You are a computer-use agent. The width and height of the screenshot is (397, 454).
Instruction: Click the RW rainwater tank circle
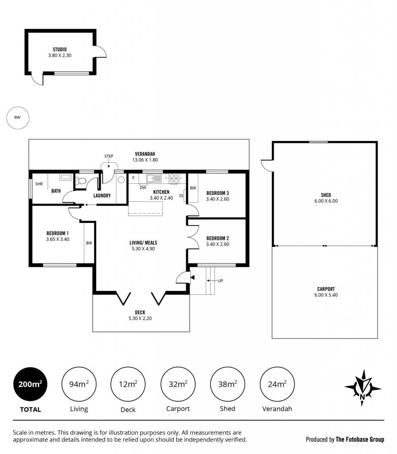pos(18,117)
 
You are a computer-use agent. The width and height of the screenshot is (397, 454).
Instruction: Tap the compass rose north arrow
pos(363,388)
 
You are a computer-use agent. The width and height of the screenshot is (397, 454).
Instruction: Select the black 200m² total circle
pos(30,384)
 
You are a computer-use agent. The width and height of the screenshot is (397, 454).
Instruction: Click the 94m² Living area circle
pos(79,384)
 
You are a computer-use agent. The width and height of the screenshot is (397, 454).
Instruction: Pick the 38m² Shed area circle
pos(228,384)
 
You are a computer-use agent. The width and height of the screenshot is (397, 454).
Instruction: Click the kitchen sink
pos(154,178)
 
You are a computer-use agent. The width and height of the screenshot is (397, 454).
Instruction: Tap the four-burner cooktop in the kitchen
pos(173,178)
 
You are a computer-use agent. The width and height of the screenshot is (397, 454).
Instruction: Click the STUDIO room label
pos(60,50)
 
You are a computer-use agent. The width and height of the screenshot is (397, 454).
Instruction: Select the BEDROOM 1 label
pos(58,233)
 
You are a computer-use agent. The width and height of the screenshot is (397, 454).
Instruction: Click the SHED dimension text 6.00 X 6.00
pos(326,201)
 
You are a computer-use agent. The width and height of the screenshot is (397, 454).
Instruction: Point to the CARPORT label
pos(326,289)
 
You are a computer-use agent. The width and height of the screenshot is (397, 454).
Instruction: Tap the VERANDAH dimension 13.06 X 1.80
pos(145,160)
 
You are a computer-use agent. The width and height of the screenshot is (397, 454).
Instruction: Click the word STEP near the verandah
pos(109,156)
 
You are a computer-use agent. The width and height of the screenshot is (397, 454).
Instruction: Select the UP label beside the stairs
pos(220,281)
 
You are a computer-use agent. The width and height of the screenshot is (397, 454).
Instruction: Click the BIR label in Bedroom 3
pos(193,188)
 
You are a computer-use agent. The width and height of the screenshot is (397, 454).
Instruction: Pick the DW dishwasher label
pos(143,188)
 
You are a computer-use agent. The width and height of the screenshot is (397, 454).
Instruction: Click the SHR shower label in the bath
pos(39,184)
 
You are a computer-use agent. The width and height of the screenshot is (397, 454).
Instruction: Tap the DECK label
pos(140,313)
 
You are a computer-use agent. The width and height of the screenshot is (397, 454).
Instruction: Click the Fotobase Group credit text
pos(345,439)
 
